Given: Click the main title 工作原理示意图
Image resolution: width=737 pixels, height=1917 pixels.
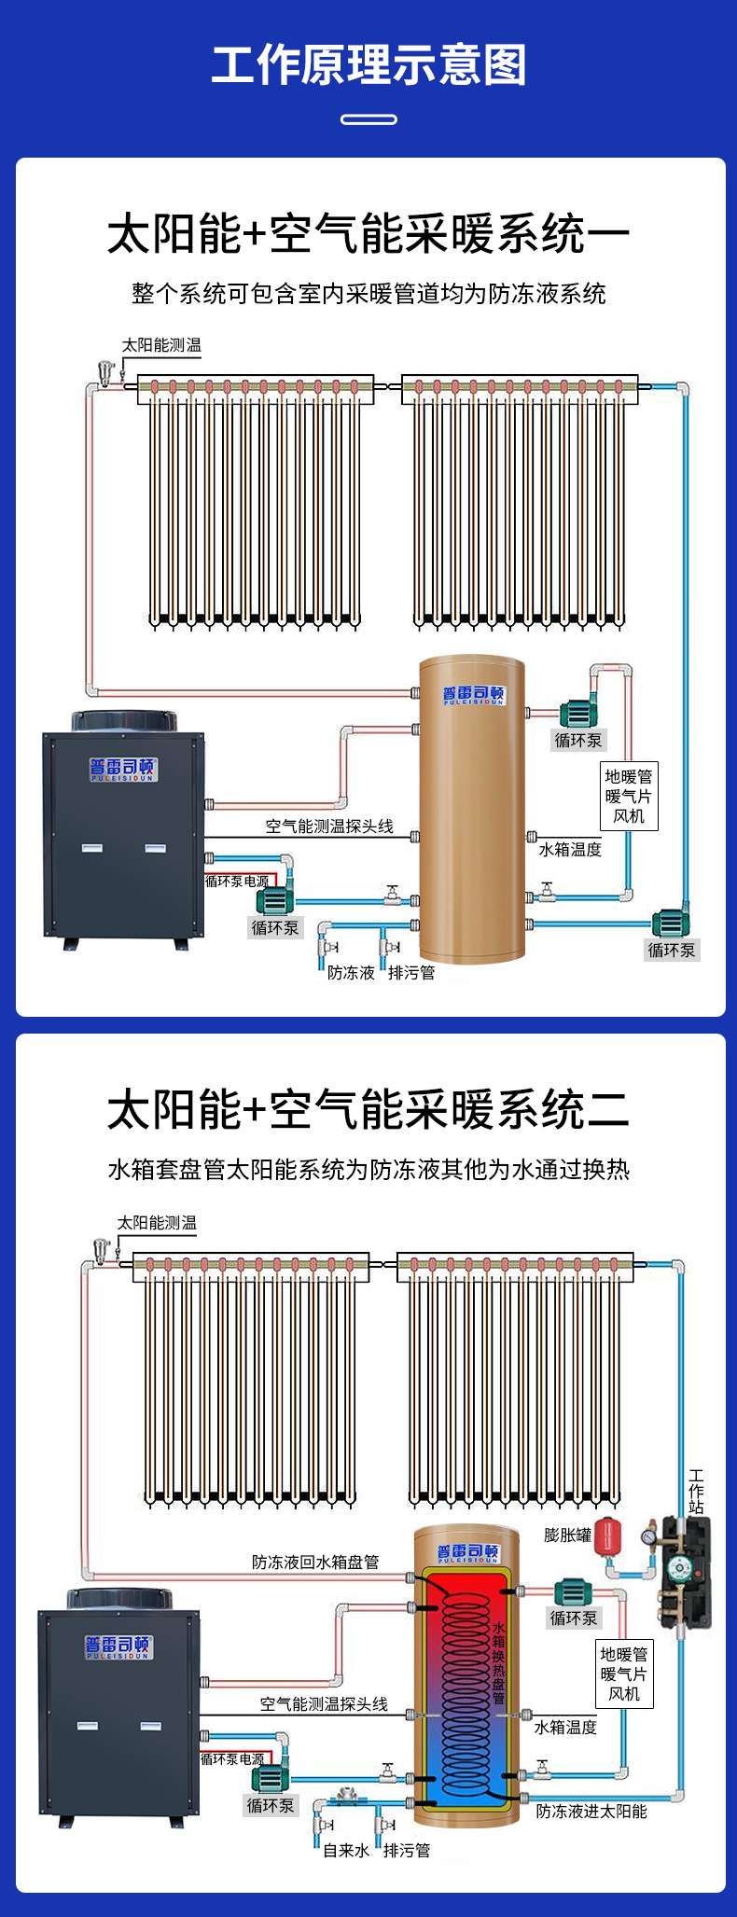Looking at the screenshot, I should [368, 65].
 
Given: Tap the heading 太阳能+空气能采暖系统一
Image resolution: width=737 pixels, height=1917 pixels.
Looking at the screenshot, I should [368, 233].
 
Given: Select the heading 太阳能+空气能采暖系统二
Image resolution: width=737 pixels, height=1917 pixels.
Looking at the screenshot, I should [368, 1110].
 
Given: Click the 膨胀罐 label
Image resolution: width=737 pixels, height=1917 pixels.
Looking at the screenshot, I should [567, 1535].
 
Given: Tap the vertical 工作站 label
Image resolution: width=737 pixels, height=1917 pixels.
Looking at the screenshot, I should [696, 1492].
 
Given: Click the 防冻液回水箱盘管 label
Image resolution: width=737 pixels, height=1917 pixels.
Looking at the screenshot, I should [315, 1562].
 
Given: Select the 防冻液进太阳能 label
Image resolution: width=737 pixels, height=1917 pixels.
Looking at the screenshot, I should [591, 1811].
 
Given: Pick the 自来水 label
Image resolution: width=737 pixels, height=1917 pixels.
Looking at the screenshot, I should [345, 1850].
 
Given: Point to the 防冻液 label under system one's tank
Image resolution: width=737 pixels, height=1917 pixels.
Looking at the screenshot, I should [351, 972].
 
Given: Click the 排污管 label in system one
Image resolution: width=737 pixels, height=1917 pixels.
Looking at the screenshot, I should [411, 972].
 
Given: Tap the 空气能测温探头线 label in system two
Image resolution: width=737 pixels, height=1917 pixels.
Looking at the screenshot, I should [324, 1703].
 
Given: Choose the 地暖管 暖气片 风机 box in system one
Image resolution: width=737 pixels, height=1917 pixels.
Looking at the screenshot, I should [629, 796].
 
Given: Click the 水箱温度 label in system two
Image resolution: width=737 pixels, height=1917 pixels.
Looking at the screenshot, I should [565, 1727].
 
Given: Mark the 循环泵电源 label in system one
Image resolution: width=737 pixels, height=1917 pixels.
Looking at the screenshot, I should [237, 881].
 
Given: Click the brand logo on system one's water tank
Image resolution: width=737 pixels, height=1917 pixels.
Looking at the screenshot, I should [473, 695].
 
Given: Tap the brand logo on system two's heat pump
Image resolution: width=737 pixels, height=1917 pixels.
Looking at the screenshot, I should [118, 1646].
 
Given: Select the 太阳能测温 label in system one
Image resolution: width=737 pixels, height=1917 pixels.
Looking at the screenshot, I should [161, 345].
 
